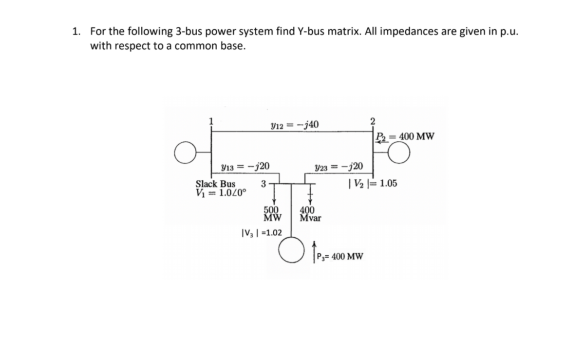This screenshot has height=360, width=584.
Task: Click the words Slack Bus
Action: coord(215,184)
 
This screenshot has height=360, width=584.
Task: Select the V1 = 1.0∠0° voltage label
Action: coord(221,192)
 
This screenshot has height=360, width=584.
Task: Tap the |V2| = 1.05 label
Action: coord(373,184)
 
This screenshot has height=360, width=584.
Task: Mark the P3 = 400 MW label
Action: coord(339,257)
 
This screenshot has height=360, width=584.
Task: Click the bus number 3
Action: coord(263,184)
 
